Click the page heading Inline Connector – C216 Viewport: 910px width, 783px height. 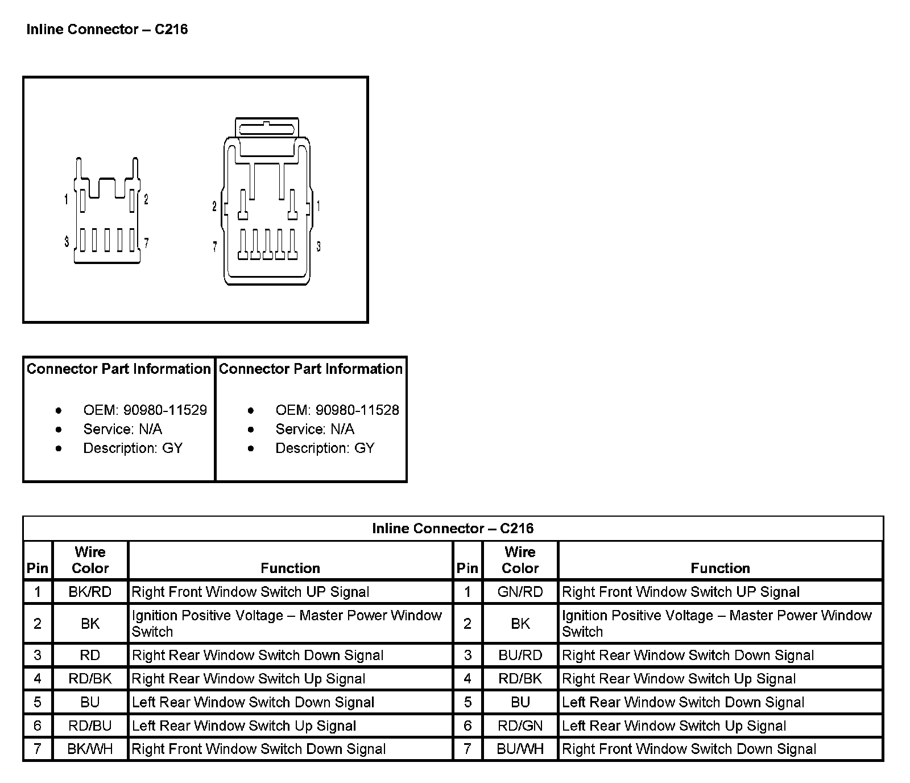tap(107, 30)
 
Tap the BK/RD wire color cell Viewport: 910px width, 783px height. tap(90, 592)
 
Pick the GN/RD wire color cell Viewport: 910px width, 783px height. tap(520, 592)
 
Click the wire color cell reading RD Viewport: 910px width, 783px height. tap(90, 656)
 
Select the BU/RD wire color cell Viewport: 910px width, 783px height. tap(520, 656)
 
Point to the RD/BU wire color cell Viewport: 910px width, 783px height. tap(90, 726)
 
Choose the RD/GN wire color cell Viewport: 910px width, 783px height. tap(520, 726)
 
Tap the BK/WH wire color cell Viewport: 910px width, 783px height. tap(90, 749)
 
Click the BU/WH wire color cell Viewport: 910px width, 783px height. tap(520, 749)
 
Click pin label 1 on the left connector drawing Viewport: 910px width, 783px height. tap(67, 200)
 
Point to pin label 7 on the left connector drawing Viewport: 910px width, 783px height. tap(146, 244)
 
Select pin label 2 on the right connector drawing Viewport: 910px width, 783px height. tap(214, 207)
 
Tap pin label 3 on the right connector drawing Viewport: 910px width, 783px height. tap(318, 247)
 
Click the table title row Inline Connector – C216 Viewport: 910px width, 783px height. tap(453, 529)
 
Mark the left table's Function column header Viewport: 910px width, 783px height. tap(290, 568)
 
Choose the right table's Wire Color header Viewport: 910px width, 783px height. tap(520, 560)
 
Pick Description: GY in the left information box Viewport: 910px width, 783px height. tap(133, 448)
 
